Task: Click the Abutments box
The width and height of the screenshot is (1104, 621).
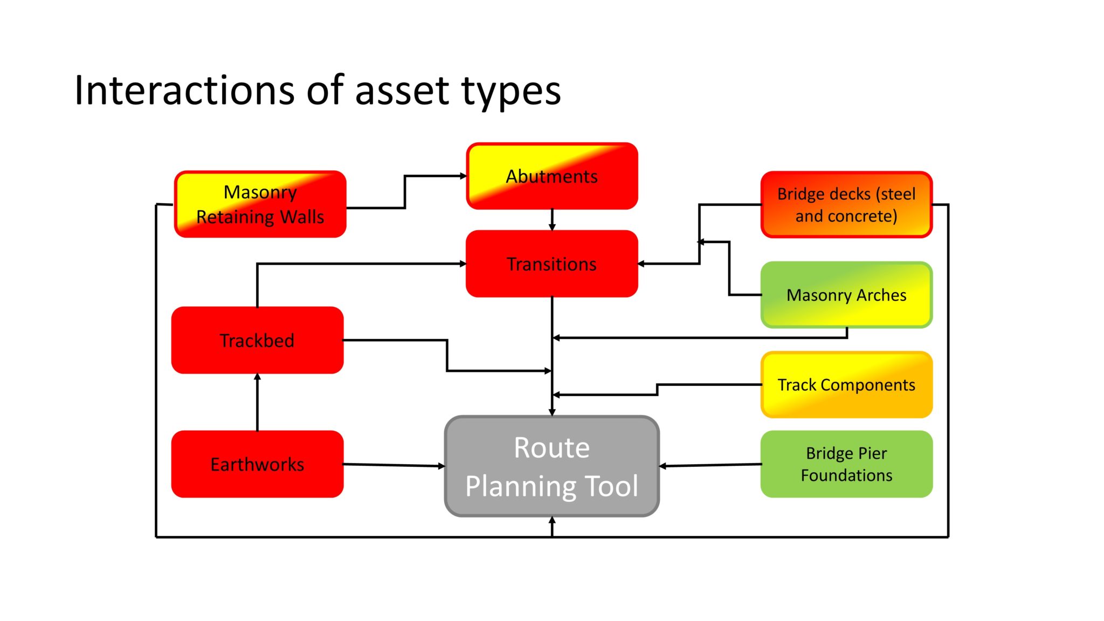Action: (x=552, y=176)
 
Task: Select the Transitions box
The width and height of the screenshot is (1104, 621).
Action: (x=552, y=264)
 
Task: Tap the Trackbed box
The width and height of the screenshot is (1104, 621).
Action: (x=257, y=340)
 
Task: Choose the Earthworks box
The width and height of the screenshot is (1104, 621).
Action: (x=257, y=464)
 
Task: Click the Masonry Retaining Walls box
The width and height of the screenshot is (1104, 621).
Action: (x=260, y=204)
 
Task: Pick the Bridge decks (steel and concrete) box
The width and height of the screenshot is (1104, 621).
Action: (x=846, y=205)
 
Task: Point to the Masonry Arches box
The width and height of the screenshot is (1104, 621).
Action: (x=846, y=295)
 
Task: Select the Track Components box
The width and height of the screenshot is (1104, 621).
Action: (x=846, y=385)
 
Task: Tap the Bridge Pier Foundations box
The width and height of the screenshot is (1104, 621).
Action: (x=846, y=464)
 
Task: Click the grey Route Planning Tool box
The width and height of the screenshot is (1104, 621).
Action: (x=552, y=466)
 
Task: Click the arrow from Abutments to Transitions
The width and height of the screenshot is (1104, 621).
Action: (x=552, y=220)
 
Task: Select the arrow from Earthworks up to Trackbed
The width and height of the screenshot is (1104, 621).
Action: (x=257, y=402)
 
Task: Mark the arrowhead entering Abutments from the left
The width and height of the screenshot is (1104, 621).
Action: (x=463, y=176)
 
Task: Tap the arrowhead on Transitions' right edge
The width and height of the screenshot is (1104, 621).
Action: (x=641, y=264)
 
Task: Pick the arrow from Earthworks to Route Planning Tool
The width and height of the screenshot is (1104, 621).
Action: (x=394, y=465)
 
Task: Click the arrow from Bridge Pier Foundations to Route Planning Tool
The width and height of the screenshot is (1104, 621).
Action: (x=710, y=465)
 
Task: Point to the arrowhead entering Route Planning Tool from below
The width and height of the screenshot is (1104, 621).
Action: (x=552, y=520)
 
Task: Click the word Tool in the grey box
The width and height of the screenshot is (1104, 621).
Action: (x=612, y=486)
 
